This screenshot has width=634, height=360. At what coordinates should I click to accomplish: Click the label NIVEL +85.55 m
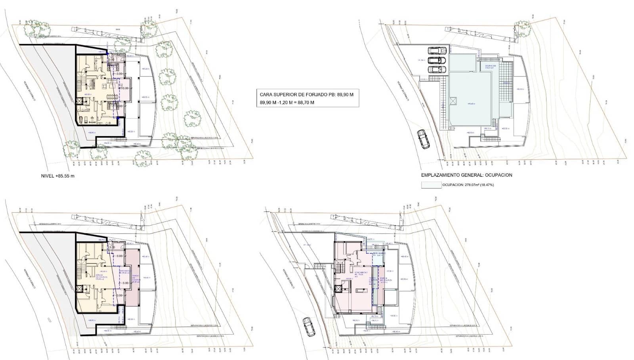58,176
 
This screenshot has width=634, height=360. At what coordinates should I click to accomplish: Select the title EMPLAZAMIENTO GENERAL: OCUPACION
466,175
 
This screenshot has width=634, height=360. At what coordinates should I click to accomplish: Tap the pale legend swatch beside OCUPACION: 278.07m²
431,185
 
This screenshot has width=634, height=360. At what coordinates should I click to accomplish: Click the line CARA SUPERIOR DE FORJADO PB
306,95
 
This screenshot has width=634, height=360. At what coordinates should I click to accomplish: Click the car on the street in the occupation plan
423,139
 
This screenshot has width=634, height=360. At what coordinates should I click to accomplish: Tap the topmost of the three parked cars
437,51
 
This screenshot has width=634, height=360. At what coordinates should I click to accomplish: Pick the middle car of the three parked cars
436,60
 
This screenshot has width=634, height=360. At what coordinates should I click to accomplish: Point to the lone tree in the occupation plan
522,28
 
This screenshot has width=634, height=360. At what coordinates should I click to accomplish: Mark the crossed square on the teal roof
453,101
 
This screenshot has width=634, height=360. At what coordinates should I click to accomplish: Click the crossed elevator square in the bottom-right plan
338,289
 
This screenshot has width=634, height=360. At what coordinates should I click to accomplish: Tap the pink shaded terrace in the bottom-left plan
132,278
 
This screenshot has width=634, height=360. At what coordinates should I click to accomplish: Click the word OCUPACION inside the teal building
491,65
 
